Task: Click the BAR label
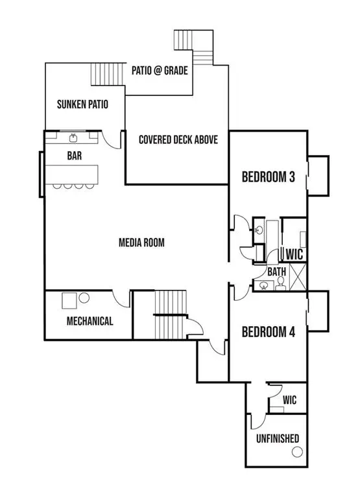click(x=74, y=156)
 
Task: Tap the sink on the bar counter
click(x=73, y=137)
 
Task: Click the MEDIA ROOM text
click(x=141, y=243)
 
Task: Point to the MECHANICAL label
click(x=90, y=321)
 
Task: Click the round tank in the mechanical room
click(x=84, y=299)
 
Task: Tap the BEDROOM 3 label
click(x=269, y=176)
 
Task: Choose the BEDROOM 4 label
click(x=269, y=332)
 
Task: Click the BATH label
click(x=277, y=272)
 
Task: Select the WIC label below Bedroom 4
click(x=289, y=401)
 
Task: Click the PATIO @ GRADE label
click(x=160, y=71)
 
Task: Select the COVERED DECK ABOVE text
click(x=178, y=139)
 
